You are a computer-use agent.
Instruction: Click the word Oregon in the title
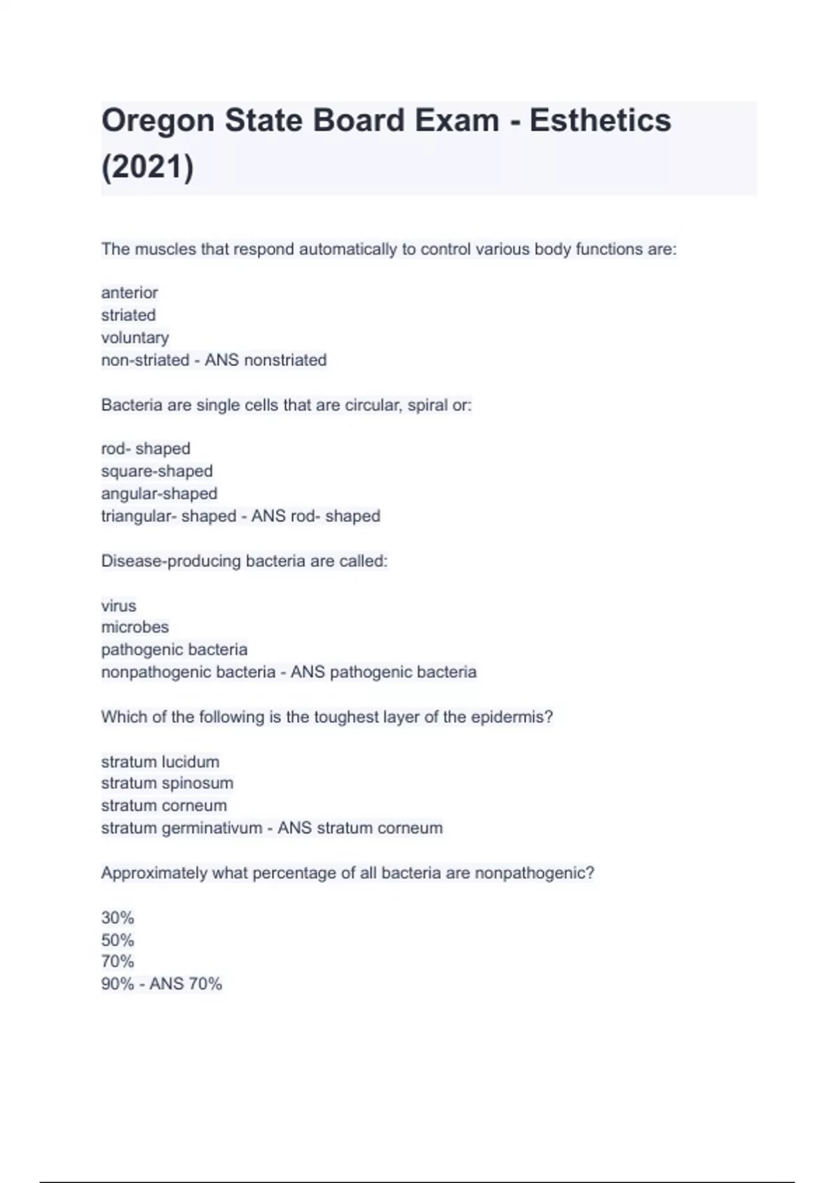(x=157, y=121)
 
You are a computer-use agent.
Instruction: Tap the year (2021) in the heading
(x=148, y=167)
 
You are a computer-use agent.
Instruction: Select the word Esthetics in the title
(x=600, y=120)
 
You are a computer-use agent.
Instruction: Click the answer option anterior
(x=129, y=292)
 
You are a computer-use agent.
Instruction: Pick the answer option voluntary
(x=135, y=338)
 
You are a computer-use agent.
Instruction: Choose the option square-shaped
(x=157, y=471)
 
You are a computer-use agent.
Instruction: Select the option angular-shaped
(x=159, y=493)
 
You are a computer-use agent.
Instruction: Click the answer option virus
(x=118, y=605)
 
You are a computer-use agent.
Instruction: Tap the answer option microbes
(x=135, y=627)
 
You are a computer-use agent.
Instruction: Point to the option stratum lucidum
(x=160, y=761)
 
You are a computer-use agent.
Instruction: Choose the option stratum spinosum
(x=167, y=783)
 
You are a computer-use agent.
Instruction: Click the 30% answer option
(x=118, y=917)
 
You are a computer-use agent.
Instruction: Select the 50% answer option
(x=118, y=940)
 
